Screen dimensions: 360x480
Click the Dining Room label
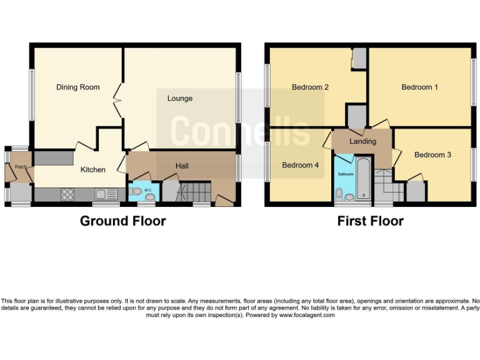coord(77,87)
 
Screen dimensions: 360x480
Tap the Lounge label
coord(179,98)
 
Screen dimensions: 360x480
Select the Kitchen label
coord(92,169)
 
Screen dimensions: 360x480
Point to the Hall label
coord(182,166)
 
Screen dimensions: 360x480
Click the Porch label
coord(21,167)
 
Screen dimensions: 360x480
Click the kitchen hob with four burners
coord(67,194)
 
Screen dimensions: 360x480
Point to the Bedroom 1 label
coord(419,87)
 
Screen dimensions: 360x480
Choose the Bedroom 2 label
coord(310,87)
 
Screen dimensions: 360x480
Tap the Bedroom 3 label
coord(432,154)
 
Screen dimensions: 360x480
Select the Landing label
coord(362,141)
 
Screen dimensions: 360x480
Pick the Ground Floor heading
coord(122,221)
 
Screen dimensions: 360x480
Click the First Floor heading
coord(370,221)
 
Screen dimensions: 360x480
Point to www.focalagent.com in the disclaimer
coord(307,315)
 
